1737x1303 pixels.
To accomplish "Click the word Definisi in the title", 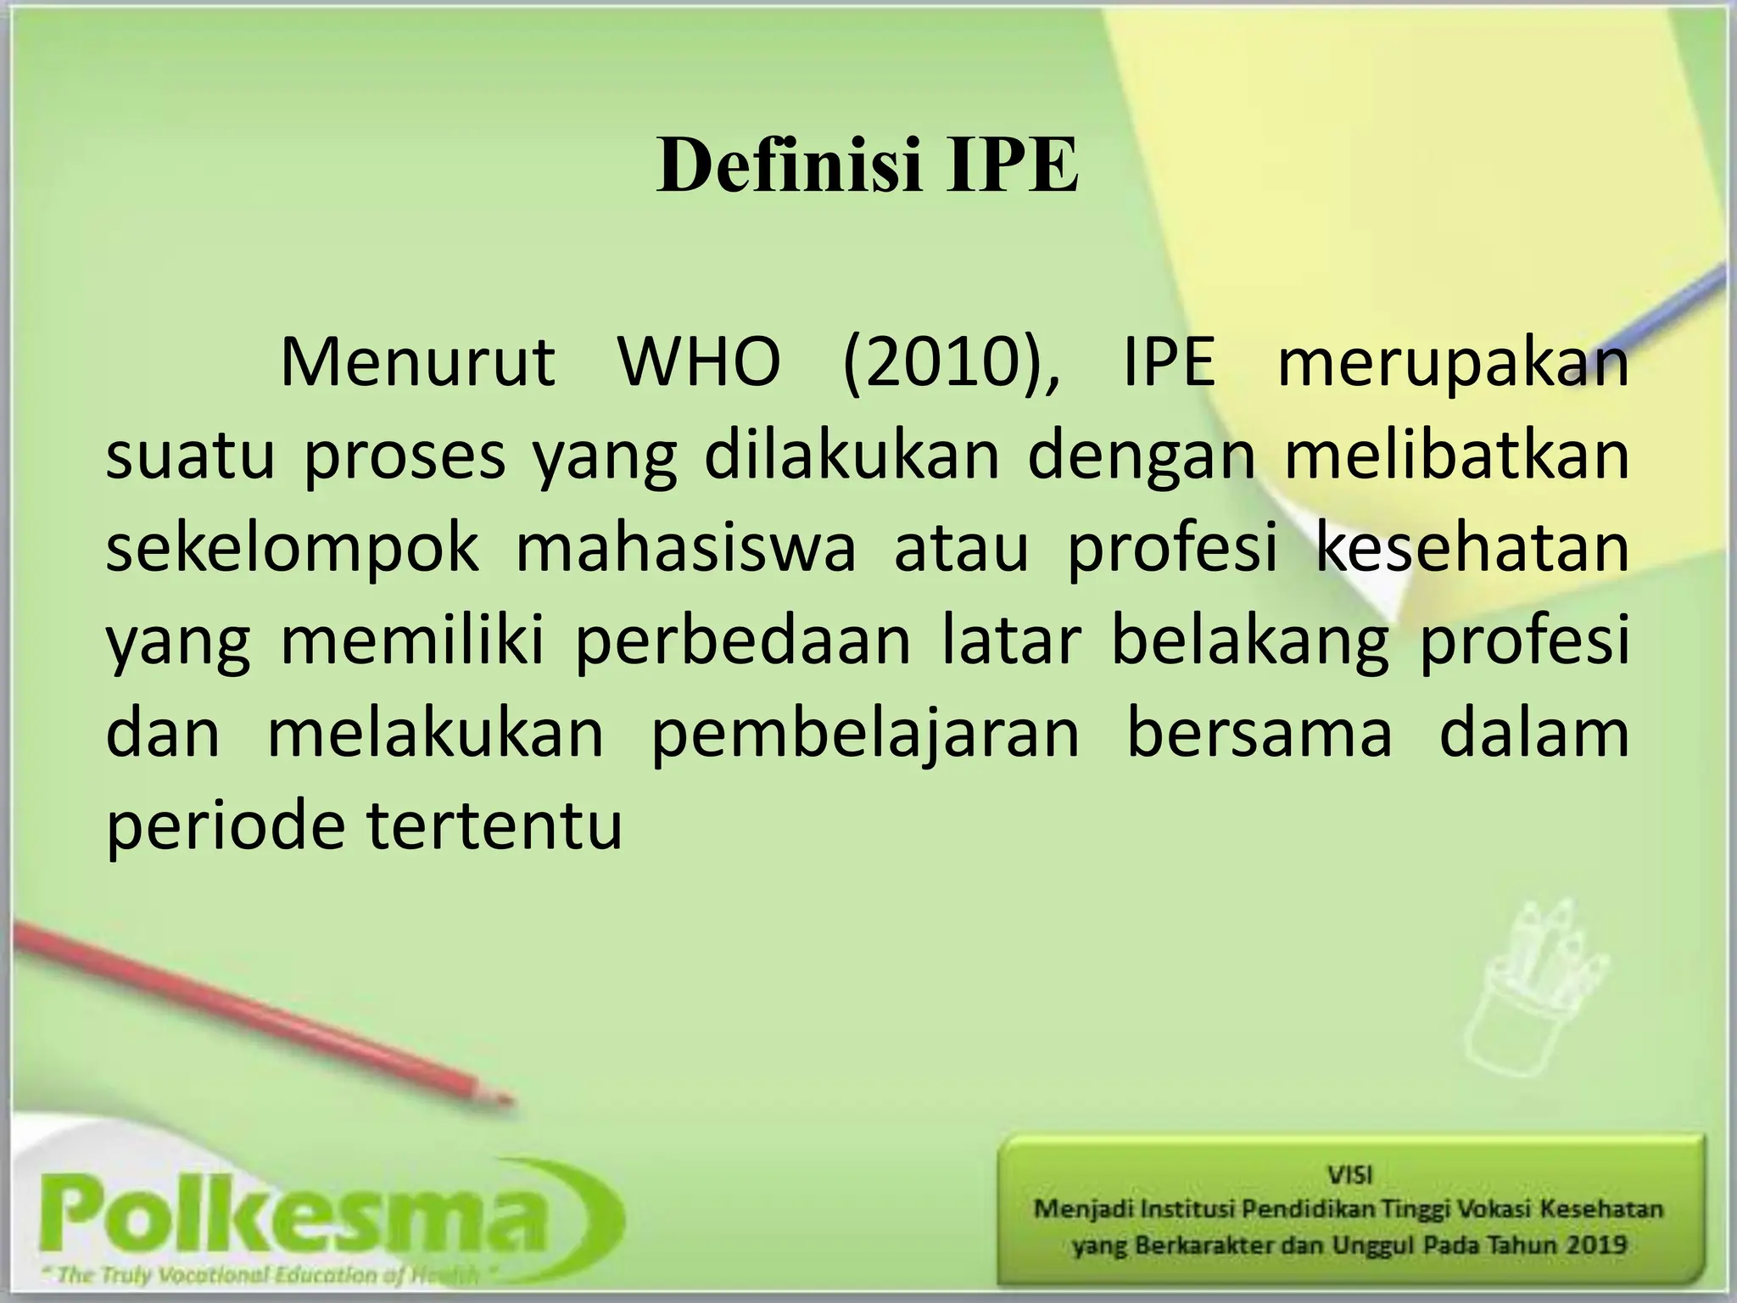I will point(789,166).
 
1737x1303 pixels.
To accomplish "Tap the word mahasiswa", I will point(686,548).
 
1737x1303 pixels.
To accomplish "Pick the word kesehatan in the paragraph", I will point(1472,548).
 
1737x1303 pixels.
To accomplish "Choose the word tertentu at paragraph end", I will point(495,827).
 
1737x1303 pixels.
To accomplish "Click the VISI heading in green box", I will point(1349,1175).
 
